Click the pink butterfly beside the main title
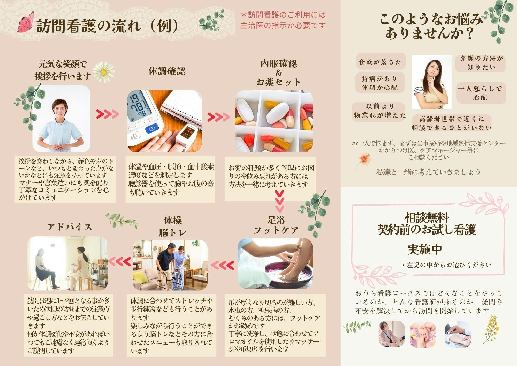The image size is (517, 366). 26,23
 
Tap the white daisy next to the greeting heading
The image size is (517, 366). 103,72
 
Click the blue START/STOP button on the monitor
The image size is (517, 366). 151,129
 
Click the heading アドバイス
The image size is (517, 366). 70,227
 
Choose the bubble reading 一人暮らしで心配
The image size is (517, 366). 480,93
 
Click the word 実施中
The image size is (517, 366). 425,249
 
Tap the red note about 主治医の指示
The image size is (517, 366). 283,20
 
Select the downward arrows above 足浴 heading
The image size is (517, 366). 280,201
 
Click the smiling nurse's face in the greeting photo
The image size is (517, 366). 60,108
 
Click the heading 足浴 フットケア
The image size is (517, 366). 276,225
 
